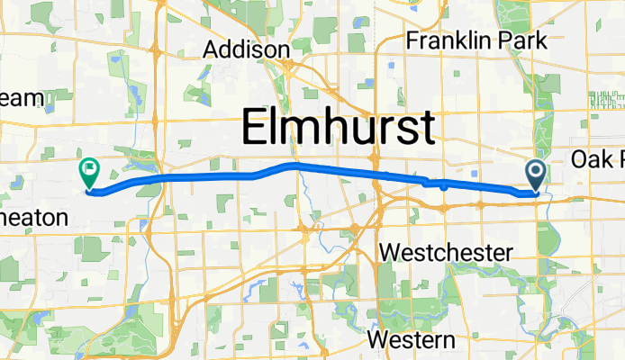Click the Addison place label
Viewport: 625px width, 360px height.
[246, 49]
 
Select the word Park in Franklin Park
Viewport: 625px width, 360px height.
[524, 40]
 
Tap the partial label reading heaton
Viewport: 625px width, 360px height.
[33, 217]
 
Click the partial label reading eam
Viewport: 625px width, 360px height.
[15, 100]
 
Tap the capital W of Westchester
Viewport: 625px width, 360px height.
[391, 253]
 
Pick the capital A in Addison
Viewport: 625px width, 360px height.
[213, 49]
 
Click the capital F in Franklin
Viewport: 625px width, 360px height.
[413, 40]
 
